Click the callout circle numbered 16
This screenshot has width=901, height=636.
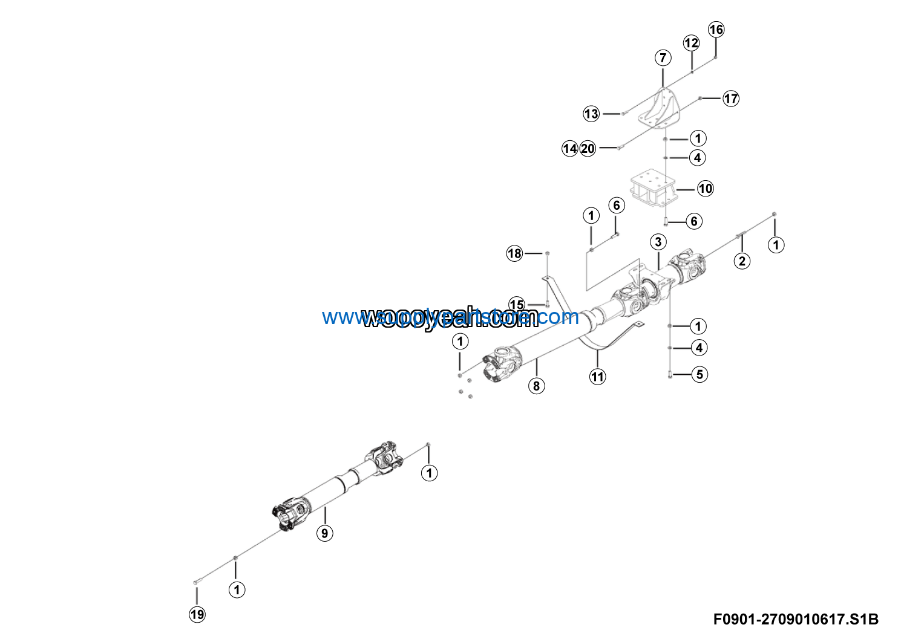click(716, 30)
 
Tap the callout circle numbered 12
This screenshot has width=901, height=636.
click(691, 43)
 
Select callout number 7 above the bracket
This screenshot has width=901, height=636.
click(663, 58)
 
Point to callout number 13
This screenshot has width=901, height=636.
click(591, 114)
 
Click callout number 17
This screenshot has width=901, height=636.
click(731, 99)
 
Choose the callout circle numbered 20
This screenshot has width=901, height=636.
click(588, 149)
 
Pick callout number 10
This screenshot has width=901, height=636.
click(706, 189)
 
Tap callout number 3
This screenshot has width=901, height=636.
click(658, 242)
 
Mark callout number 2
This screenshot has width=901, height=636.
click(742, 261)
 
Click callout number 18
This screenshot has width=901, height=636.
click(514, 253)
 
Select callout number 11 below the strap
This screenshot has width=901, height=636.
click(598, 377)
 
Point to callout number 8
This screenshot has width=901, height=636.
click(536, 386)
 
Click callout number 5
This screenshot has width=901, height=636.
click(700, 374)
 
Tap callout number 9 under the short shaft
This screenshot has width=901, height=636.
click(325, 533)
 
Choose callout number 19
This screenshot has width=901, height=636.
click(197, 615)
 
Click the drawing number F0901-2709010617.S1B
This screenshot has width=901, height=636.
click(796, 619)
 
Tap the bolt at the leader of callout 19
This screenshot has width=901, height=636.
click(195, 582)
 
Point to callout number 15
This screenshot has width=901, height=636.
click(517, 304)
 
